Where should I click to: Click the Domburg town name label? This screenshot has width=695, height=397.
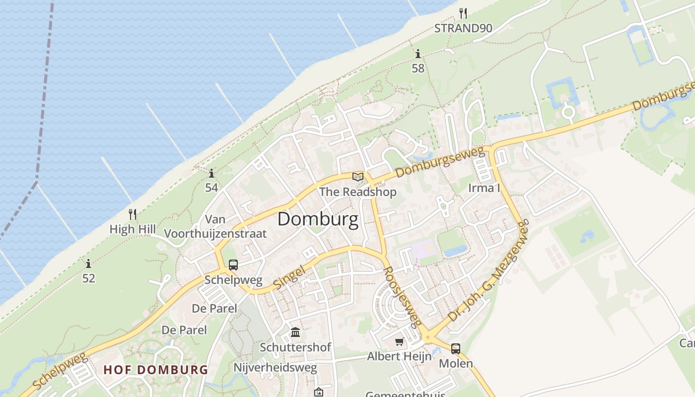point(318,219)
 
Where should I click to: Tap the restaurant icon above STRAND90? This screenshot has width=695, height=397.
point(463,13)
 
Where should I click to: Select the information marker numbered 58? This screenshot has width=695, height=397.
point(418,54)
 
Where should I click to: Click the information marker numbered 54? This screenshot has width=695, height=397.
point(211,173)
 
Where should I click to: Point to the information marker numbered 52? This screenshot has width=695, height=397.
point(88,264)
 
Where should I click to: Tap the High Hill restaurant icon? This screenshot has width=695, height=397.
point(133,214)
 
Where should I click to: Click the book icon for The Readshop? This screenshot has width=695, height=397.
point(358,177)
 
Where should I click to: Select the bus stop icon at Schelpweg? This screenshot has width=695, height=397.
point(233,265)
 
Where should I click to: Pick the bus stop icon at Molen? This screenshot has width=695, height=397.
point(456,348)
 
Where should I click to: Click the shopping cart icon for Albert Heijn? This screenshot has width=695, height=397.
point(399,341)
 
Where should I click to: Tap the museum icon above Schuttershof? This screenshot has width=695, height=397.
point(295,331)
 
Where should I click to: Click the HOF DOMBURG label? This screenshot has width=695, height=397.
point(155,370)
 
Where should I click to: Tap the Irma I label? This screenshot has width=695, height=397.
point(484,188)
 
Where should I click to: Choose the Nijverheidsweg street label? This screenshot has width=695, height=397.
point(275,368)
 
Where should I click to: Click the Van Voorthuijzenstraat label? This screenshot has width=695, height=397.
point(215,226)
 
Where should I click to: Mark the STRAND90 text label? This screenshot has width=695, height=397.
point(463,28)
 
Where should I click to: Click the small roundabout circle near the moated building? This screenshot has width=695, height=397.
point(568,112)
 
